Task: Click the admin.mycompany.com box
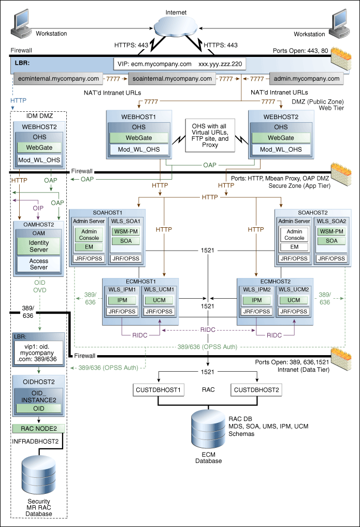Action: [x=306, y=79]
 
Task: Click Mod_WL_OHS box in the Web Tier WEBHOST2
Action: [x=280, y=150]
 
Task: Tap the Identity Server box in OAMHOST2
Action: [x=39, y=246]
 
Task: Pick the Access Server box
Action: [x=39, y=264]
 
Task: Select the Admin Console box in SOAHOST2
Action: [x=294, y=234]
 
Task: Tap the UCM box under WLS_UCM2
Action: [x=294, y=300]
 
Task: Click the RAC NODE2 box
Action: [x=39, y=428]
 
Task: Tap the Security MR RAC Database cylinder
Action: [x=39, y=476]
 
